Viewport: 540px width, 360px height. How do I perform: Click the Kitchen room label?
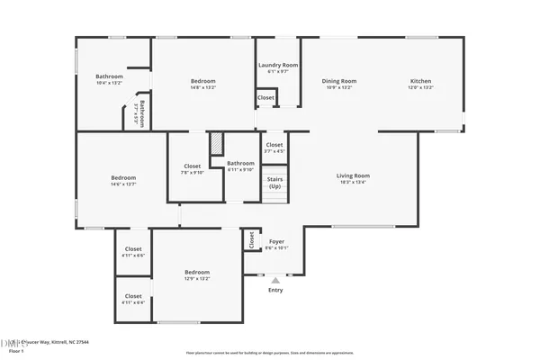coord(421,81)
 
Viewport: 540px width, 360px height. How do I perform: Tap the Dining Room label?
coord(340,81)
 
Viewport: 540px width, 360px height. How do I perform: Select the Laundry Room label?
coord(278,65)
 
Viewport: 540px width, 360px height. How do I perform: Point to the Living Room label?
coord(354,175)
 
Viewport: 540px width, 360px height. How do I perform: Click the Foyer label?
coord(277,241)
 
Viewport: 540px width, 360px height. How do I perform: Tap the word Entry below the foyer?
coord(275,290)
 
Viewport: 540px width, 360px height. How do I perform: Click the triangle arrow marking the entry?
coord(275,281)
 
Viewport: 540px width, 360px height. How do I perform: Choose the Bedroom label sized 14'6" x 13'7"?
coord(122,177)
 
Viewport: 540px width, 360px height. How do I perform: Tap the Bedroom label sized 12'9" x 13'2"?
coord(197,272)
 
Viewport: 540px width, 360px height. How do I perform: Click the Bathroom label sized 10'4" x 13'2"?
coord(109,76)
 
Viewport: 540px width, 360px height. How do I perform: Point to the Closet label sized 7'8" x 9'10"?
coord(193,166)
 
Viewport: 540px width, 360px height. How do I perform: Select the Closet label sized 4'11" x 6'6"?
coord(133,248)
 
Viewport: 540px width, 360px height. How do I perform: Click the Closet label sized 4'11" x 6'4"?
coord(133,296)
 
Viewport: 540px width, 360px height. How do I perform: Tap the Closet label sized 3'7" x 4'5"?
coord(274,145)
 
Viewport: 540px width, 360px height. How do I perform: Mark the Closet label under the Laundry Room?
coord(266,97)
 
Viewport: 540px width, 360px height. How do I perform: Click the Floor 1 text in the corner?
coord(14,352)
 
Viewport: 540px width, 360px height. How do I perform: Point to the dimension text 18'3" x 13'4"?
coord(354,183)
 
